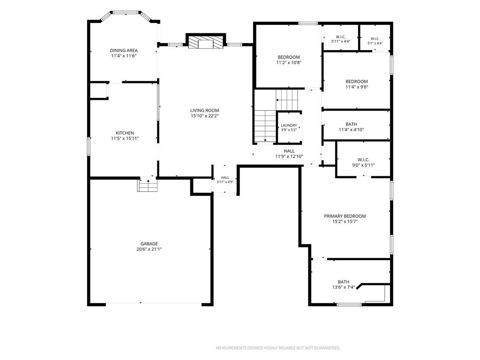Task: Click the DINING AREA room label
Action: tap(124, 50)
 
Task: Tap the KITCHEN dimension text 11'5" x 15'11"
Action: tap(125, 138)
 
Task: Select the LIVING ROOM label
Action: tap(204, 111)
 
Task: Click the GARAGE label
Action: tap(149, 244)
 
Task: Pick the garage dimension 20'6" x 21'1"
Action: tap(149, 249)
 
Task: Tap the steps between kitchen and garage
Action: tap(147, 186)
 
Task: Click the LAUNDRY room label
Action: tap(289, 125)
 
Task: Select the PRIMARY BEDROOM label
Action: tap(345, 216)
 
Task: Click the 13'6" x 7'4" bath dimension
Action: tap(344, 287)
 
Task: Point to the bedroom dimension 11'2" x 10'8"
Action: tap(289, 62)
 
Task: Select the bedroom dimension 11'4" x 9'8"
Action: tap(357, 87)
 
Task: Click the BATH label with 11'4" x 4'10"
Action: tap(351, 124)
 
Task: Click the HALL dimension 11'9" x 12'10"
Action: tap(289, 157)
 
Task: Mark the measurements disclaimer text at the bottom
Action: tap(278, 348)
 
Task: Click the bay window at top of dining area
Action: tap(125, 13)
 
